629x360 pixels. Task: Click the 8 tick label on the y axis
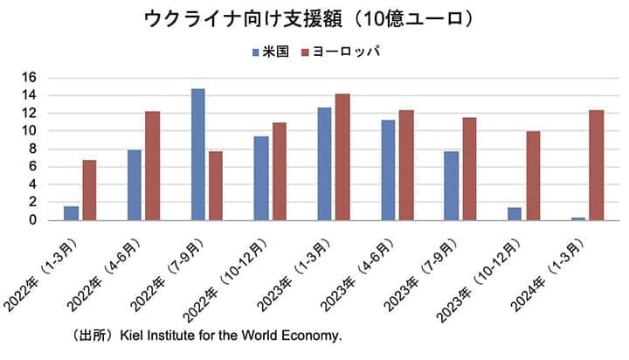point(56,149)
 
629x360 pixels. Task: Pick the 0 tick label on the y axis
point(56,220)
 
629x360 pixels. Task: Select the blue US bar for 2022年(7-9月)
point(198,154)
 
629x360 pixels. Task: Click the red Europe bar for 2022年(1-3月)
point(89,190)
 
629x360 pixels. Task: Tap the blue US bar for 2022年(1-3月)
point(71,212)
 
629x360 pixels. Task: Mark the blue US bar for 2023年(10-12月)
point(514,213)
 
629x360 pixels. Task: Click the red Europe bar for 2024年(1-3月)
point(596,164)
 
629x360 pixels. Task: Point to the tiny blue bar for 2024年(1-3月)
point(577,218)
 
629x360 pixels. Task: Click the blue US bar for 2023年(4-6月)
point(388,170)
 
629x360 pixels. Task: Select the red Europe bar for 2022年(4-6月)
point(152,165)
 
